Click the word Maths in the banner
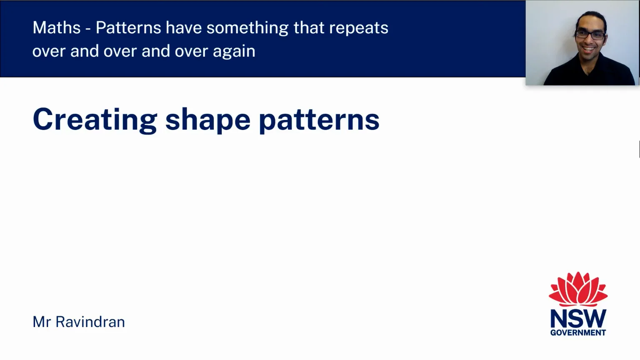pyautogui.click(x=56, y=28)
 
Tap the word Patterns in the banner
pyautogui.click(x=128, y=28)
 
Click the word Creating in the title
pyautogui.click(x=95, y=120)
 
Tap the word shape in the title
pyautogui.click(x=208, y=120)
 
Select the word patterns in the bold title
pyautogui.click(x=319, y=120)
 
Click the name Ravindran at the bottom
pyautogui.click(x=90, y=322)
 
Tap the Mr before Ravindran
pyautogui.click(x=42, y=322)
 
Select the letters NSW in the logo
pyautogui.click(x=578, y=319)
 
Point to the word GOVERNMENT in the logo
pyautogui.click(x=578, y=332)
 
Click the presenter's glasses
pyautogui.click(x=590, y=35)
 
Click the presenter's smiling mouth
pyautogui.click(x=589, y=49)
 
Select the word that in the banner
pyautogui.click(x=309, y=28)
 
